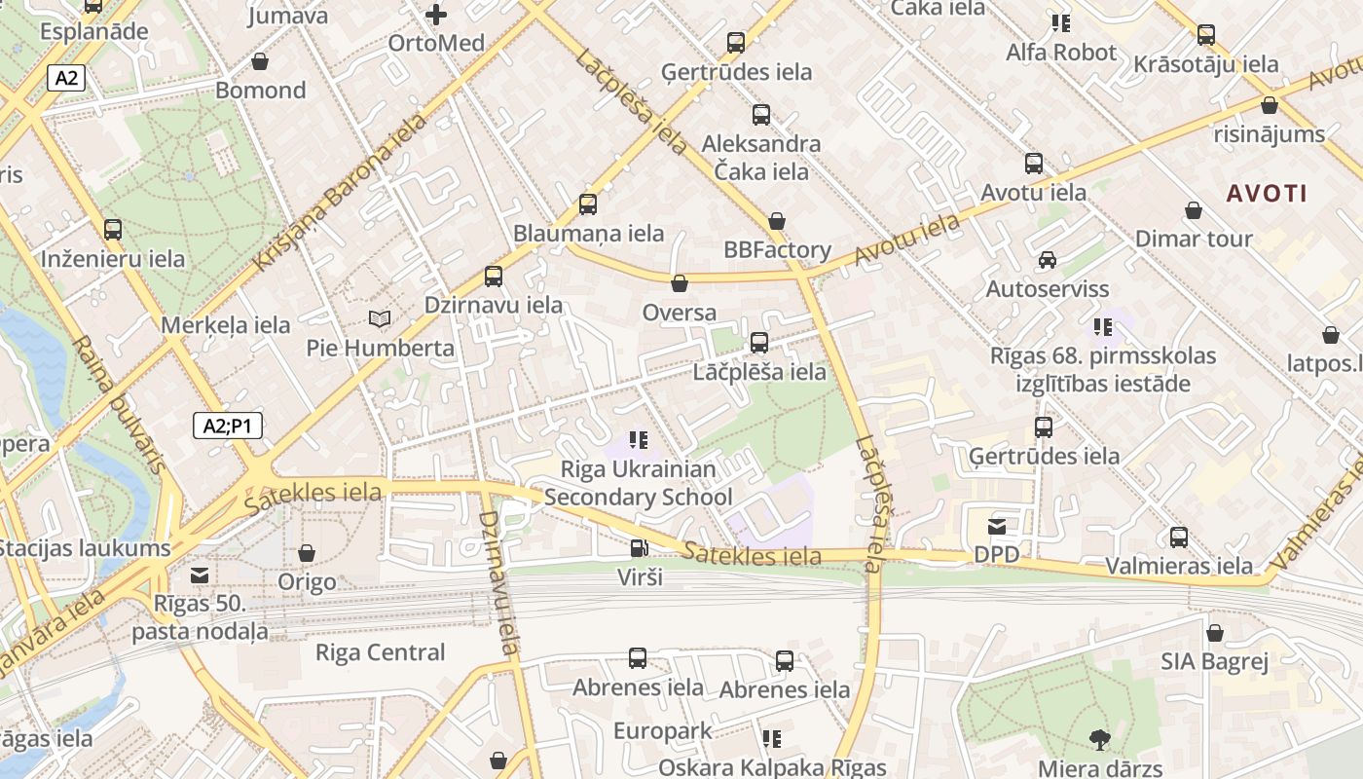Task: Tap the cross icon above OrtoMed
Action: (x=436, y=14)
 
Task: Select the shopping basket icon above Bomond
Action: (x=260, y=61)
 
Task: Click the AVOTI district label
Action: (x=1267, y=193)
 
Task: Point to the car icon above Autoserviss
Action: (x=1048, y=260)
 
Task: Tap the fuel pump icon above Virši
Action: (x=639, y=548)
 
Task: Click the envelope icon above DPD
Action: (x=997, y=527)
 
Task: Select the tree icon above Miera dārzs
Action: (x=1100, y=739)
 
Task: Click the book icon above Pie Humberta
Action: (x=380, y=318)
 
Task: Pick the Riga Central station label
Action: (x=380, y=652)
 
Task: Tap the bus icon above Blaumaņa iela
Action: (x=588, y=204)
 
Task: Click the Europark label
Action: (x=662, y=730)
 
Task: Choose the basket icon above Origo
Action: (x=307, y=553)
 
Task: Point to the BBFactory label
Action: (x=777, y=250)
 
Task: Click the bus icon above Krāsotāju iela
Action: (x=1206, y=35)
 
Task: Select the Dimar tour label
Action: (x=1194, y=239)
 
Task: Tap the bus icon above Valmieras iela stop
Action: (x=1179, y=537)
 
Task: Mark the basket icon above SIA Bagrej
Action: (x=1214, y=633)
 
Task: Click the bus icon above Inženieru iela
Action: (x=113, y=230)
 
